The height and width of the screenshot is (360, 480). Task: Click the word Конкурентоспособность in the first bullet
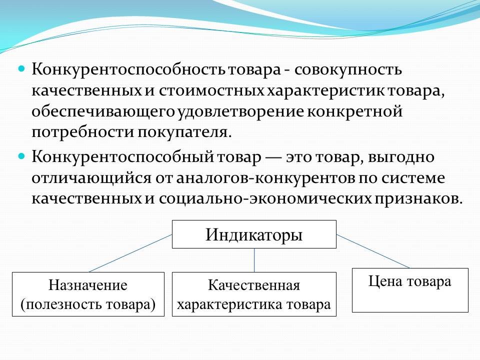point(129,70)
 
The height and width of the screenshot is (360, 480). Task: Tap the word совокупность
point(348,70)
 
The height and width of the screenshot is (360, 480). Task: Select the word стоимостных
point(211,91)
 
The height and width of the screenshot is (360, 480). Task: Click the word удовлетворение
point(241,112)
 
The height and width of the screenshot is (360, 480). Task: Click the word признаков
point(418,199)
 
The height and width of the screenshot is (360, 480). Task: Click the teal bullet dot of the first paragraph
point(21,68)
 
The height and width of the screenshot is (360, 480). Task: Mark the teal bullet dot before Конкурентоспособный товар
point(21,156)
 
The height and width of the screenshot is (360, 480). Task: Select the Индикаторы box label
point(254,235)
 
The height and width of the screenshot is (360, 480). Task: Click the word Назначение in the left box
point(88,285)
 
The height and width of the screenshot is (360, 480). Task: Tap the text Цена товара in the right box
point(409,281)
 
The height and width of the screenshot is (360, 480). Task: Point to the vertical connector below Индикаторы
point(254,260)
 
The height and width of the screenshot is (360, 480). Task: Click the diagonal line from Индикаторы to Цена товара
point(373,251)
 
